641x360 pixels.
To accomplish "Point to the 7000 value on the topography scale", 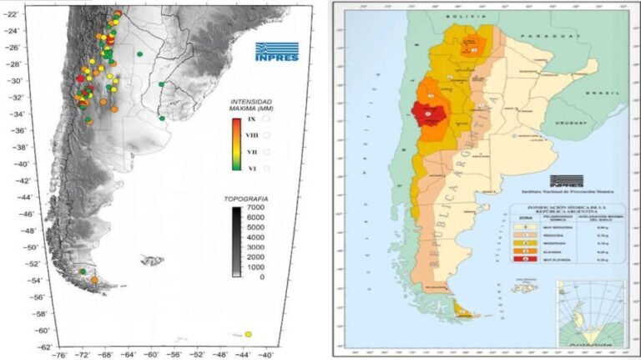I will (255, 206).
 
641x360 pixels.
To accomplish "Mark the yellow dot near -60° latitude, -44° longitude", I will (248, 335).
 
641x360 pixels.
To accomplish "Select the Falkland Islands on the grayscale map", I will (152, 261).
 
